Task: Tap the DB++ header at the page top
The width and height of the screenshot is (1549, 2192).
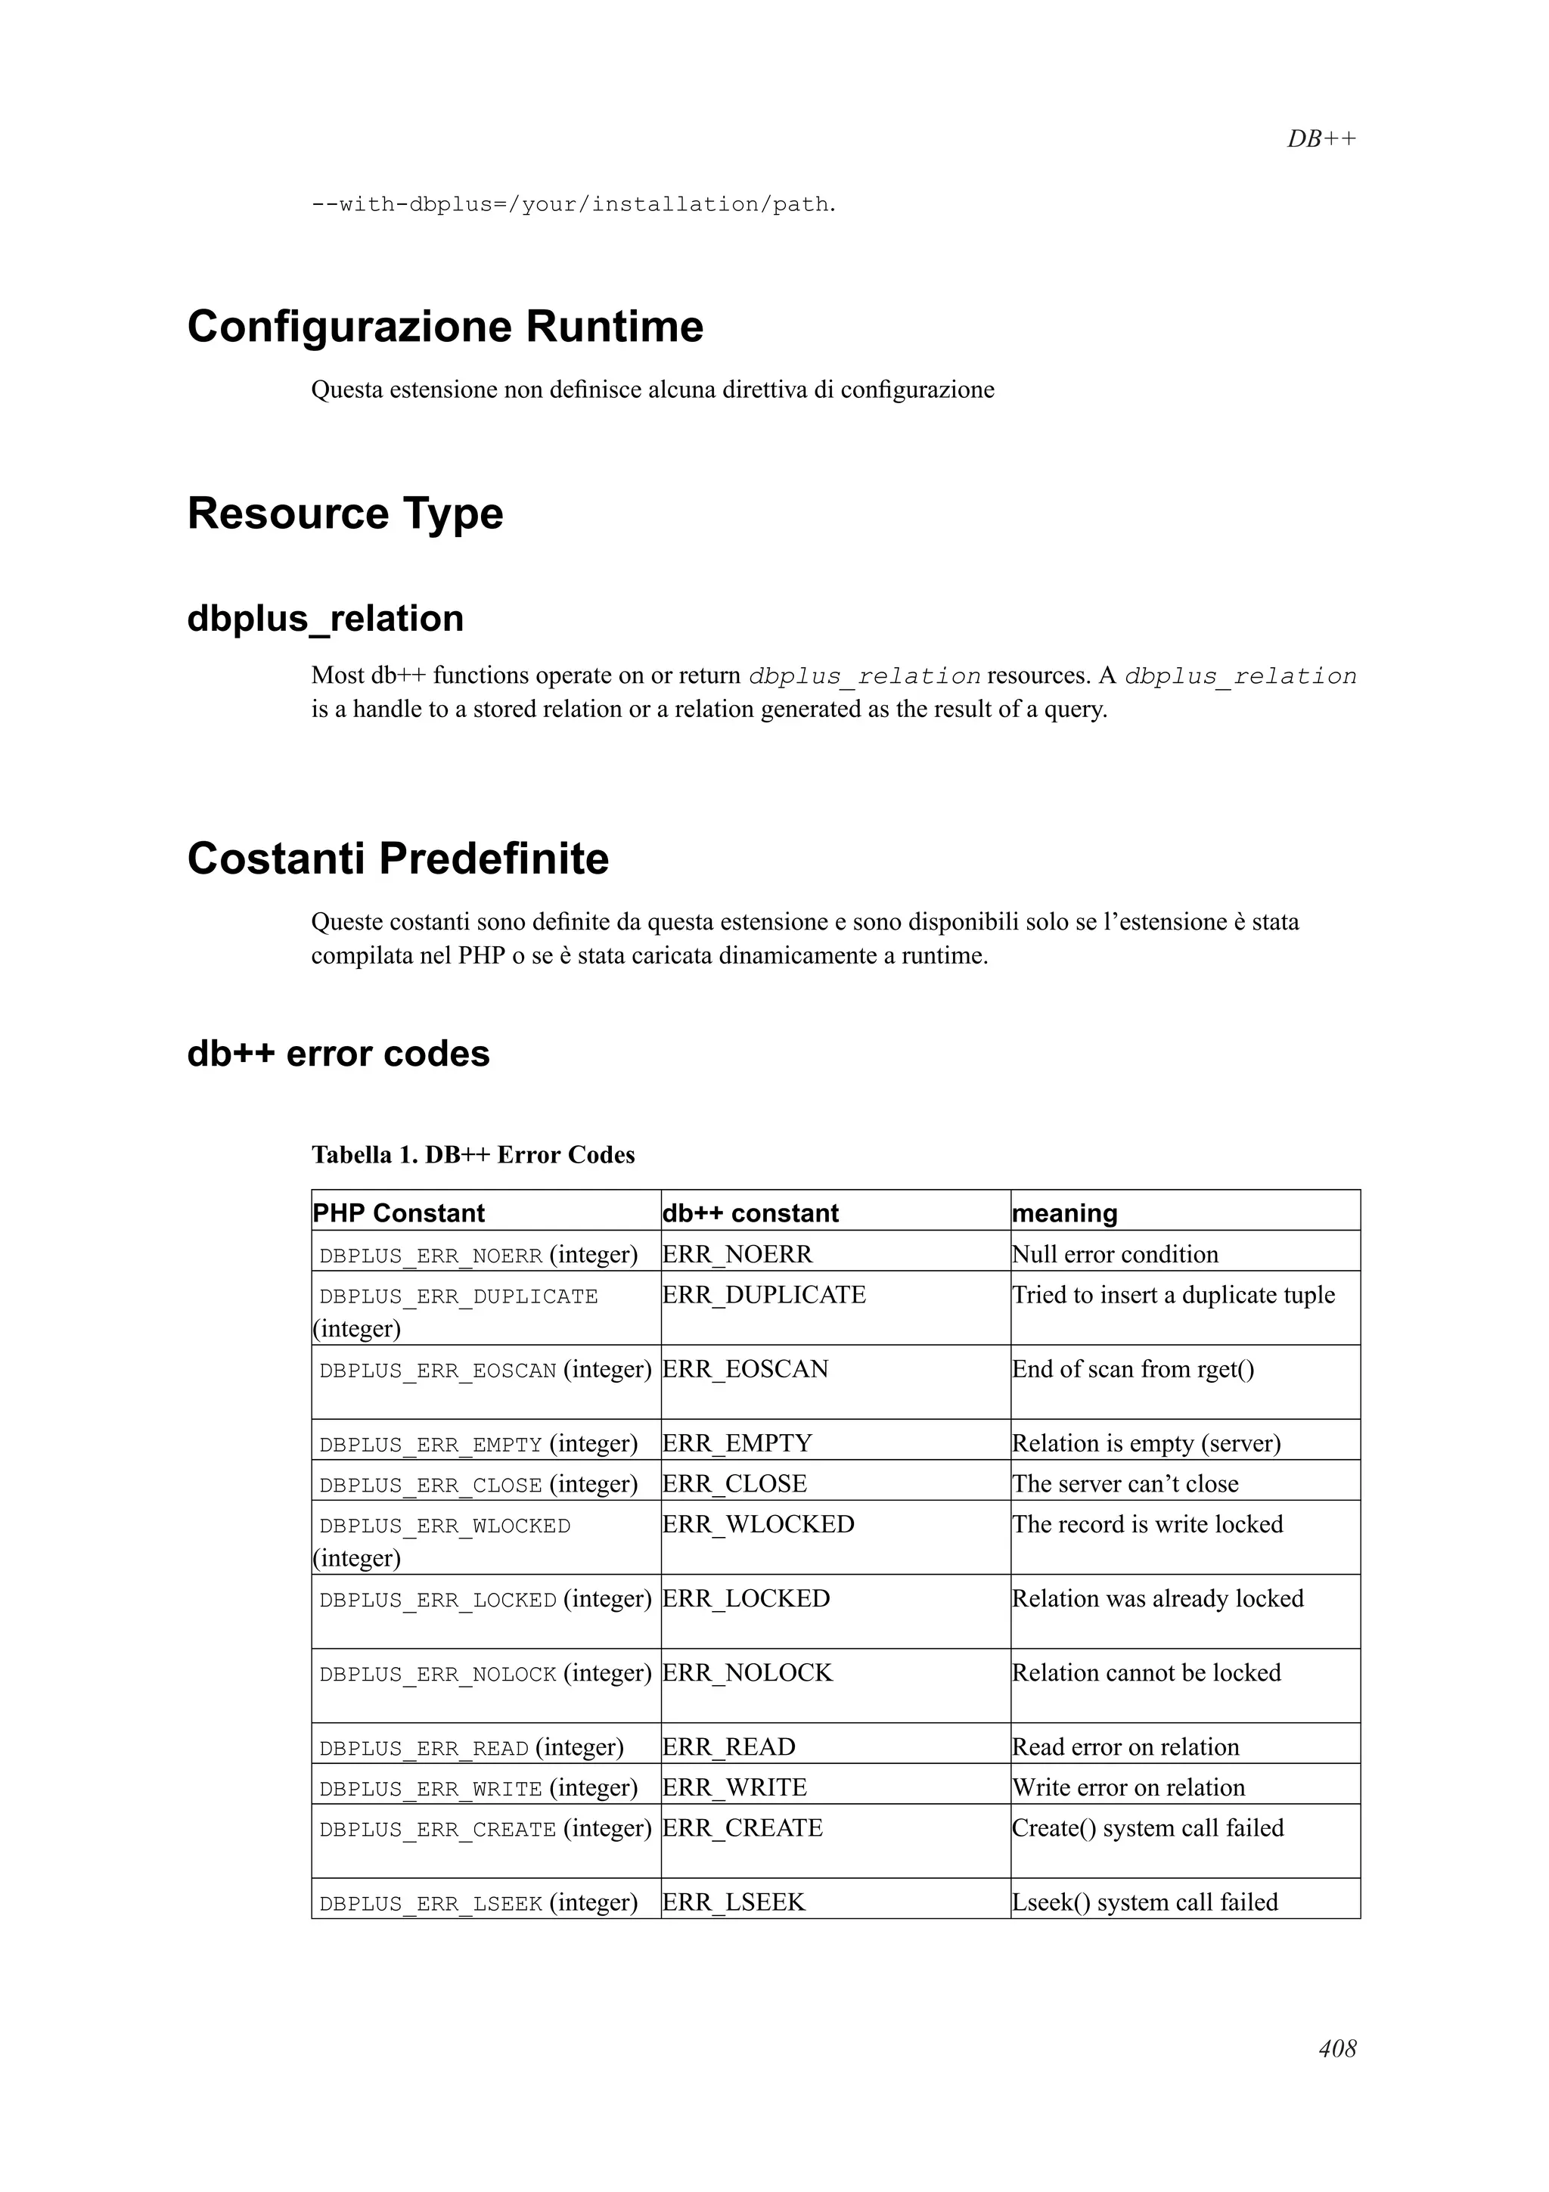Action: [1321, 138]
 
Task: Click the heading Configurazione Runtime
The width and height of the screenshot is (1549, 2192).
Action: [445, 327]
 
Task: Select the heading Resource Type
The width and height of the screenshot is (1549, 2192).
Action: [345, 513]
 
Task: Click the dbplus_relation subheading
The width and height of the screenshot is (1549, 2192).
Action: [325, 619]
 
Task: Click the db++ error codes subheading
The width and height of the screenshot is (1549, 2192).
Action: [338, 1053]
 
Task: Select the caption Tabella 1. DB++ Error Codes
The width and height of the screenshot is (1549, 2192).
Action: [473, 1154]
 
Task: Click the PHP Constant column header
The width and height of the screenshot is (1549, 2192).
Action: [399, 1212]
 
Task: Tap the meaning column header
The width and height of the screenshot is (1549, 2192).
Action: [1063, 1212]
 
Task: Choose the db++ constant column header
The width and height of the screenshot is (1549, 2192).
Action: [750, 1212]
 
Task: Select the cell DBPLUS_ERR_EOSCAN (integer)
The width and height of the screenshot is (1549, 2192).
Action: [485, 1369]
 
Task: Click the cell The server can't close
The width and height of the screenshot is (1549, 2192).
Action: [1125, 1483]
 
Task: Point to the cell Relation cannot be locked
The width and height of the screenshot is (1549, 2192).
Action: [1145, 1672]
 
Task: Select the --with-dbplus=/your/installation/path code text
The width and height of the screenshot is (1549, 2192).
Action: [573, 204]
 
